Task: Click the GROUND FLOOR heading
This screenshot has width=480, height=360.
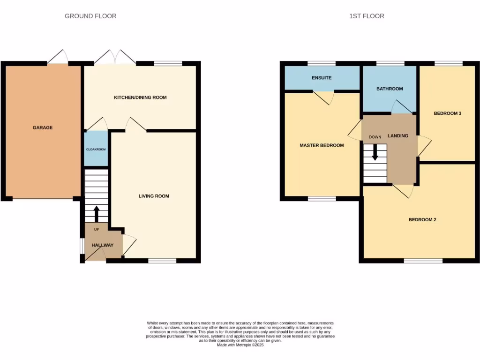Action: (x=90, y=16)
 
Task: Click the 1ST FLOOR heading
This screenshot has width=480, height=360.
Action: (x=367, y=16)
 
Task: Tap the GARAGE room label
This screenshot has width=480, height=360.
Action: (x=43, y=127)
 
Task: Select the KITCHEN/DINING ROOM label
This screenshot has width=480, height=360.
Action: (x=140, y=97)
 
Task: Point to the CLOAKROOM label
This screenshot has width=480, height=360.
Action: (x=96, y=149)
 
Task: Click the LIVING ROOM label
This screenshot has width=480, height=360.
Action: (x=154, y=196)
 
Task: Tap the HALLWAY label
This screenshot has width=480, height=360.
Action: (x=102, y=245)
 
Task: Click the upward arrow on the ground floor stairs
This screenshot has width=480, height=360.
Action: (x=97, y=214)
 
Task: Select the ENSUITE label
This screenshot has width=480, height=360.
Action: (x=322, y=78)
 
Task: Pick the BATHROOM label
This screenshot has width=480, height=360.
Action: (x=390, y=89)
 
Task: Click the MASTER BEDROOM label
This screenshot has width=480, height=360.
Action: (x=322, y=145)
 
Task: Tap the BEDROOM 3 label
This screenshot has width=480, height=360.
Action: (x=448, y=113)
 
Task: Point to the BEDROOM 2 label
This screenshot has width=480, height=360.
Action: (x=422, y=219)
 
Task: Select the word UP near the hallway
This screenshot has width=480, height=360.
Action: (x=97, y=229)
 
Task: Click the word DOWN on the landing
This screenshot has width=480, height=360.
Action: (x=375, y=137)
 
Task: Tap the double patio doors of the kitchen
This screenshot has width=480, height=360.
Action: (x=115, y=58)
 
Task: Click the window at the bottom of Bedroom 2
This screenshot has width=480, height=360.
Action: (x=423, y=261)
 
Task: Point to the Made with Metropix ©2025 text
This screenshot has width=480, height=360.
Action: (x=240, y=345)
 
